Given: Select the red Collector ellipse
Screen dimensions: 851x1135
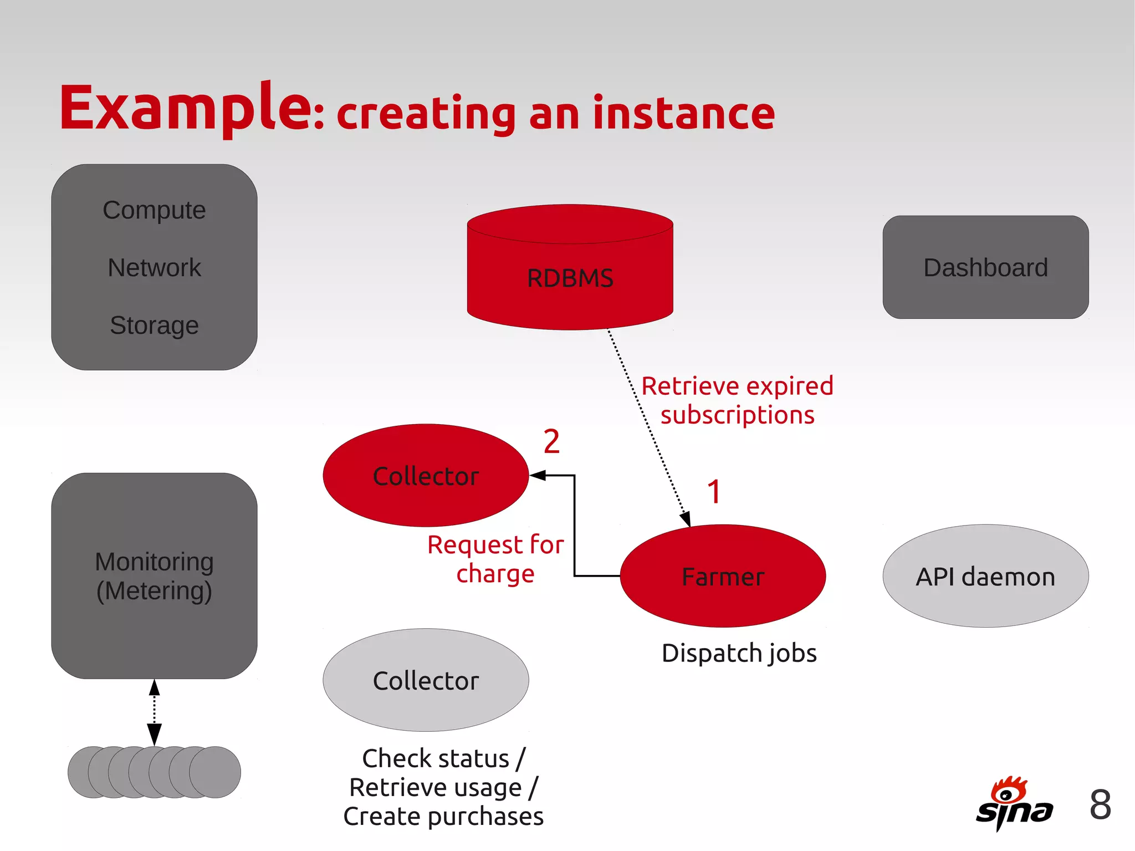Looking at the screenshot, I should [x=426, y=476].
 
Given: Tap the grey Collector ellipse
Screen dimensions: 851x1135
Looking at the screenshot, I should [x=426, y=680].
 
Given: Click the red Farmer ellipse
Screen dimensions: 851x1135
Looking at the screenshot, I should [x=723, y=577].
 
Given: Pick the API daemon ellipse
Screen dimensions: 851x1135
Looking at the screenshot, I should [x=985, y=577].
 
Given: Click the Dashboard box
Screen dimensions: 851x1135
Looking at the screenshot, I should [x=985, y=267].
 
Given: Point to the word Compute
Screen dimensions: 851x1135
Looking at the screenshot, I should [x=154, y=210].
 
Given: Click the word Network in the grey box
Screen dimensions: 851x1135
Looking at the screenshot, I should [x=154, y=268].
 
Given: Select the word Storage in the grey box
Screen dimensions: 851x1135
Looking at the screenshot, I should [x=154, y=325].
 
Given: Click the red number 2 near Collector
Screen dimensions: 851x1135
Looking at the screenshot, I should [x=551, y=442].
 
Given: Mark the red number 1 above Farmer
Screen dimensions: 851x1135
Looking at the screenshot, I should [x=714, y=492].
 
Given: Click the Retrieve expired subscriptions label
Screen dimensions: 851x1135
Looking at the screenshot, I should [x=737, y=400].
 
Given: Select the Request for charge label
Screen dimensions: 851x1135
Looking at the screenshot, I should [x=495, y=559].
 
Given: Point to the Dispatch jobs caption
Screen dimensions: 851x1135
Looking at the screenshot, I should [x=739, y=653].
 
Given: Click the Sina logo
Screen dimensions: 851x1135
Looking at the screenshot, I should [x=1014, y=804].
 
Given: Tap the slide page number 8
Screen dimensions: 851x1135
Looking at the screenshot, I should [x=1100, y=804].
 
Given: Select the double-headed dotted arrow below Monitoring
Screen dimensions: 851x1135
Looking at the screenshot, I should [x=155, y=712].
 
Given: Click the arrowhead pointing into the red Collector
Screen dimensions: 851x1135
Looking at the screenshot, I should [x=538, y=476].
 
